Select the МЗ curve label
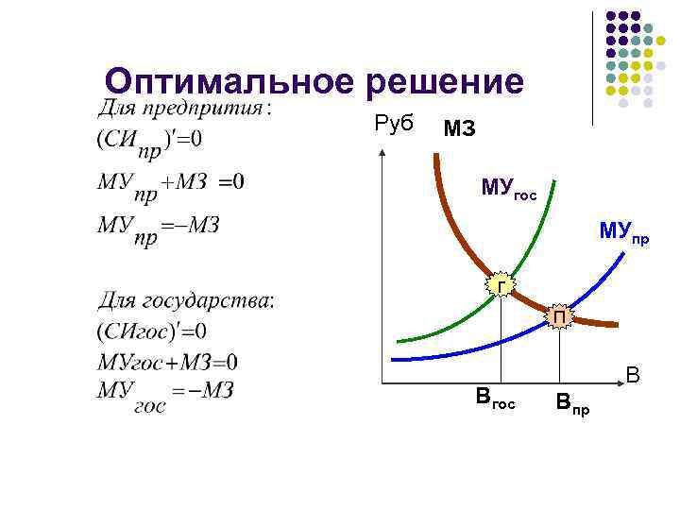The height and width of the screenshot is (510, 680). [x=459, y=129]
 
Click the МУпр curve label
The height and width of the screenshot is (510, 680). [x=623, y=232]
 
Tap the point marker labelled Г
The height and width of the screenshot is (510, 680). [x=501, y=284]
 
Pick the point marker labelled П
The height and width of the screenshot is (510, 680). [x=560, y=317]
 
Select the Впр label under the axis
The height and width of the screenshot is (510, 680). [x=572, y=406]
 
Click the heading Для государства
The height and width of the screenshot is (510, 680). [x=187, y=301]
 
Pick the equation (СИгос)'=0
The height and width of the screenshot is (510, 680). [x=150, y=331]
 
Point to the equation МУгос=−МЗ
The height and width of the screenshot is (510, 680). [x=164, y=396]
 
